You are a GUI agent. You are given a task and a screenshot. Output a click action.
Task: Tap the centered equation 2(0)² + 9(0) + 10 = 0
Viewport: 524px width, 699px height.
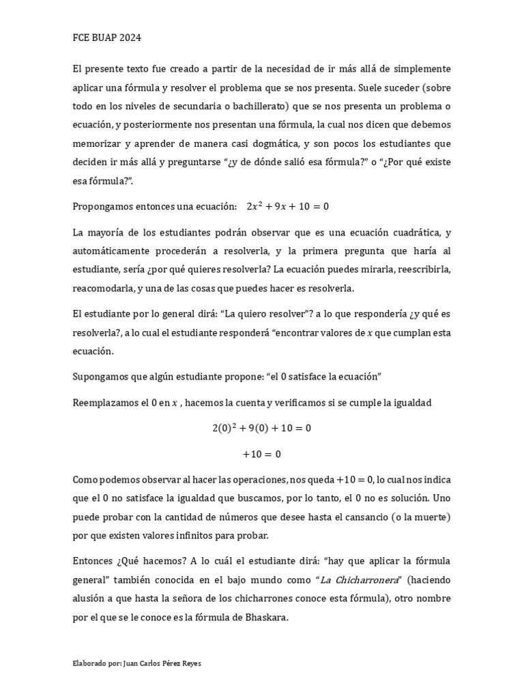[261, 428]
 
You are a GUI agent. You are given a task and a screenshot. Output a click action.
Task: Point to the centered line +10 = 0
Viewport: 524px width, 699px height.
[261, 453]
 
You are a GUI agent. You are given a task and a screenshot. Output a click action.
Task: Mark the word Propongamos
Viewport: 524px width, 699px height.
[103, 205]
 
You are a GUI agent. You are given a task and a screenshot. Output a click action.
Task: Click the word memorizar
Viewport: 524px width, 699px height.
[97, 144]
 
